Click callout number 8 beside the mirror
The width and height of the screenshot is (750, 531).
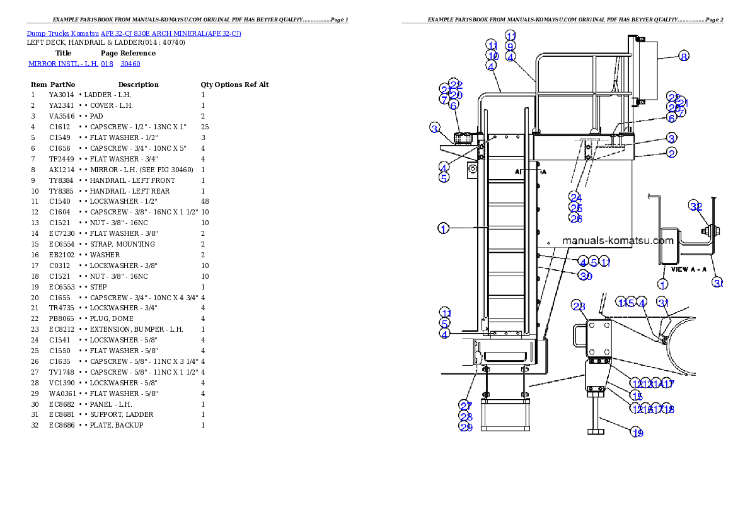pyautogui.click(x=684, y=56)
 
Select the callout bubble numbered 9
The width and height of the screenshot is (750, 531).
pyautogui.click(x=511, y=46)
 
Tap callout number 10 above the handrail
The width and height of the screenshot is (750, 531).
pyautogui.click(x=492, y=56)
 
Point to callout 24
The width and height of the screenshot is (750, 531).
pyautogui.click(x=575, y=197)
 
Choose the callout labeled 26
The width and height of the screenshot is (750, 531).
pyautogui.click(x=575, y=218)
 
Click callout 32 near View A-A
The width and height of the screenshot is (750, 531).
pyautogui.click(x=695, y=206)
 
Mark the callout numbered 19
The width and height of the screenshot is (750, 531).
pyautogui.click(x=638, y=432)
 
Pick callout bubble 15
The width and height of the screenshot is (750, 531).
pyautogui.click(x=637, y=396)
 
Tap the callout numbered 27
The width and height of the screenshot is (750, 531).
pyautogui.click(x=465, y=406)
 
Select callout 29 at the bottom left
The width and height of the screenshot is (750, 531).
pyautogui.click(x=465, y=427)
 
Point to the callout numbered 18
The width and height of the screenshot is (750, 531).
pyautogui.click(x=669, y=409)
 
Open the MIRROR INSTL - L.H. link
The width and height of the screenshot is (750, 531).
pyautogui.click(x=84, y=64)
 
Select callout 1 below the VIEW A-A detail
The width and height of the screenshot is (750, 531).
pyautogui.click(x=663, y=284)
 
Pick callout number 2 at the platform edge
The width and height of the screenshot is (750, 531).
pyautogui.click(x=672, y=153)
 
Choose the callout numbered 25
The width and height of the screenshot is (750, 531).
pyautogui.click(x=575, y=208)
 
